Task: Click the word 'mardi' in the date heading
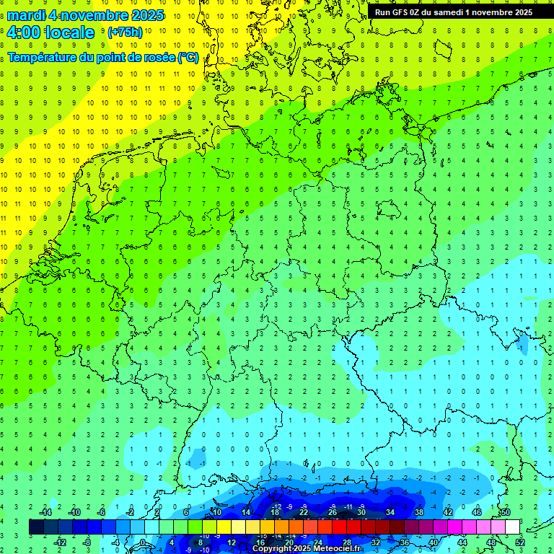(26, 15)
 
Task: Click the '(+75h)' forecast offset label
(125, 32)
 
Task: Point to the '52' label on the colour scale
(520, 542)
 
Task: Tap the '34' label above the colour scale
(390, 512)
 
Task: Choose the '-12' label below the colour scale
(61, 542)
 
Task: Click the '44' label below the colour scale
(462, 542)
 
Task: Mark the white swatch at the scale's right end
(512, 527)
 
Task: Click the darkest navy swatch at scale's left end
(36, 527)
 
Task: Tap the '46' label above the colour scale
(477, 512)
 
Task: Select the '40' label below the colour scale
(434, 542)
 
